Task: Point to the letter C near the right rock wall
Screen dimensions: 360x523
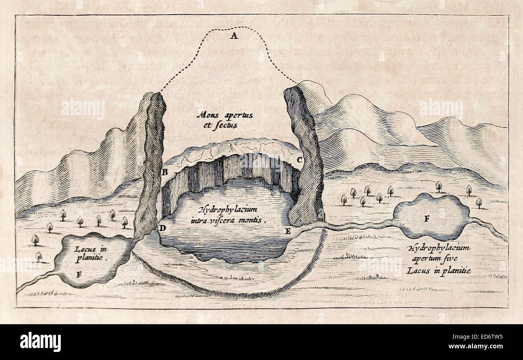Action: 299,160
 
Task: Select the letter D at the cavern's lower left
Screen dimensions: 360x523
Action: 162,228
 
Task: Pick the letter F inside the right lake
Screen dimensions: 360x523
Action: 427,219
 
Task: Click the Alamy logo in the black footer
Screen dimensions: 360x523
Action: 41,342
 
